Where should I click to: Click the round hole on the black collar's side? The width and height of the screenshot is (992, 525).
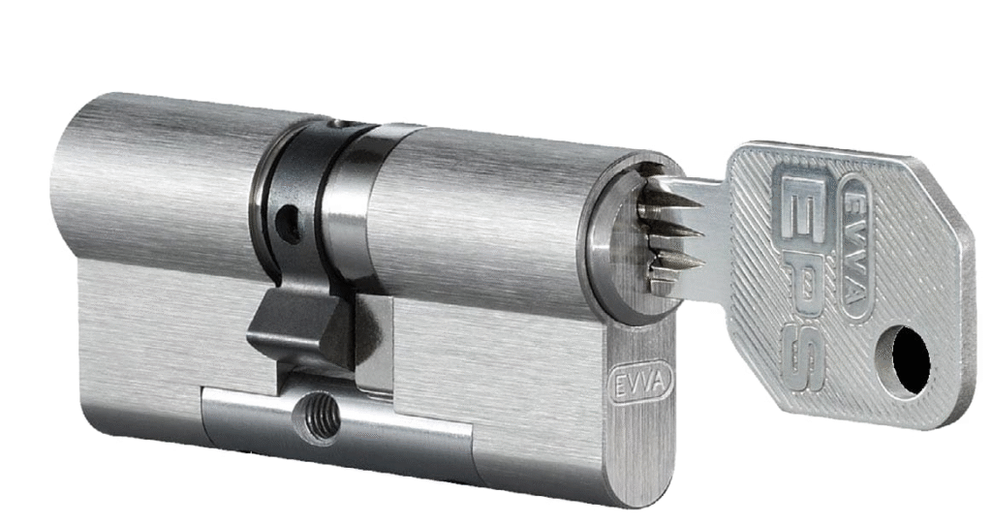click(x=289, y=224)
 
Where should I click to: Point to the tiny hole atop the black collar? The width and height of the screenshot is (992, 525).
click(x=342, y=124)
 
